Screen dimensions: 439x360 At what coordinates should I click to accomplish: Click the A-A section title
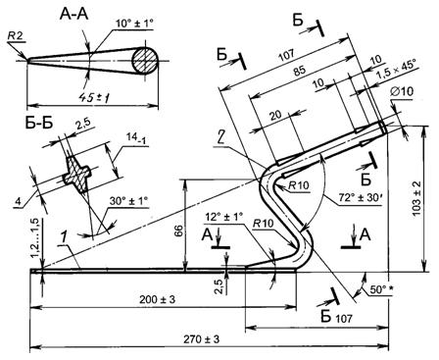[73, 15]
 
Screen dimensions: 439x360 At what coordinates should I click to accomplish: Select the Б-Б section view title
[38, 124]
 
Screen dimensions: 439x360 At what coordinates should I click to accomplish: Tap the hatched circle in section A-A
[144, 61]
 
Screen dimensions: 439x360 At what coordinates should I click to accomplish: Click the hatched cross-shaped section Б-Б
[76, 175]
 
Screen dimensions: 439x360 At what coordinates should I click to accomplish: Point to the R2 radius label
[16, 36]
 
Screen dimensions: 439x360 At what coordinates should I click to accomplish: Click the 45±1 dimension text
[93, 97]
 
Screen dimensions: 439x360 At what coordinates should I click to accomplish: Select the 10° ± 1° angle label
[134, 24]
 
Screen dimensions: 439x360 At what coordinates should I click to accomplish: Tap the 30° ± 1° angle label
[128, 201]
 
